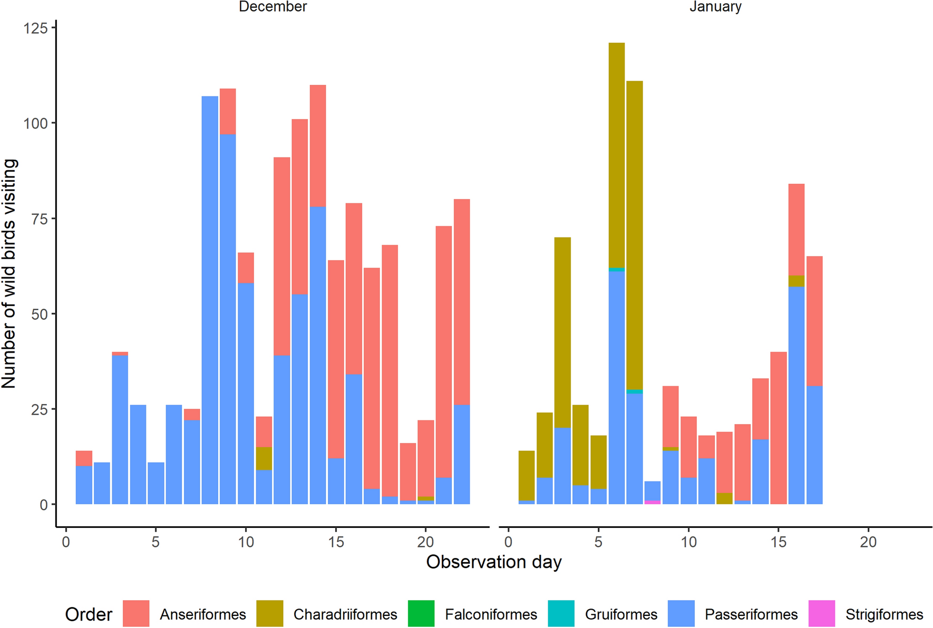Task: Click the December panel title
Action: pyautogui.click(x=273, y=7)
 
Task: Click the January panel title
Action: pyautogui.click(x=715, y=7)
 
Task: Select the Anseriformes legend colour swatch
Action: pyautogui.click(x=136, y=614)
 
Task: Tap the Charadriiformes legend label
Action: pyautogui.click(x=345, y=614)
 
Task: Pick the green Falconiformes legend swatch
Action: pyautogui.click(x=421, y=614)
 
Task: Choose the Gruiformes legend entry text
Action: pyautogui.click(x=621, y=614)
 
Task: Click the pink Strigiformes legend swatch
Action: pyautogui.click(x=822, y=614)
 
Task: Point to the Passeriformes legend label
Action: pyautogui.click(x=751, y=614)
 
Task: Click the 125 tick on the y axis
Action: pyautogui.click(x=35, y=28)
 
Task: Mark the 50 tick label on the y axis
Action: pyautogui.click(x=40, y=314)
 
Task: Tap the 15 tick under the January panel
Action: pyautogui.click(x=779, y=542)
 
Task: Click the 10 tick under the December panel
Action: pyautogui.click(x=246, y=542)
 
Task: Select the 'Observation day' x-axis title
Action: pyautogui.click(x=494, y=562)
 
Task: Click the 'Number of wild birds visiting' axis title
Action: pyautogui.click(x=9, y=274)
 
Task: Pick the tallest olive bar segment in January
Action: pyautogui.click(x=617, y=155)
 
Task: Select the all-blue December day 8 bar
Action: pyautogui.click(x=210, y=300)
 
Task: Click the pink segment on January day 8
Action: pyautogui.click(x=653, y=502)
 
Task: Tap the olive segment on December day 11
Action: pyautogui.click(x=264, y=458)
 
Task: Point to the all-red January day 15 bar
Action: pyautogui.click(x=779, y=428)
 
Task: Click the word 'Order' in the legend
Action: pyautogui.click(x=89, y=614)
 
